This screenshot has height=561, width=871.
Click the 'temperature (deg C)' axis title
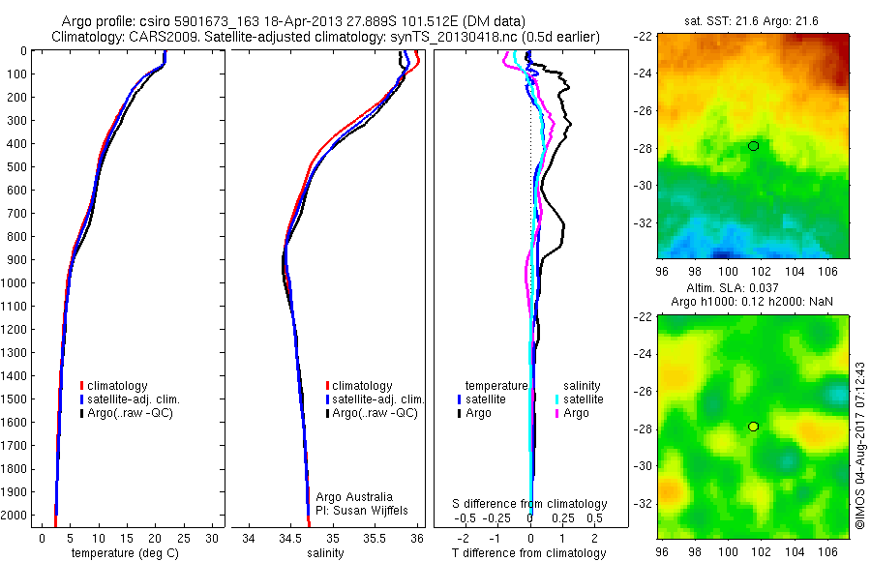[122, 553]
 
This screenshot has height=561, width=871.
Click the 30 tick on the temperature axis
[211, 538]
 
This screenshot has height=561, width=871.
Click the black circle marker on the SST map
[753, 146]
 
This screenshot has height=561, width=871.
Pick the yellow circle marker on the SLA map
[753, 427]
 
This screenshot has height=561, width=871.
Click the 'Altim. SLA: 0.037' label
[752, 289]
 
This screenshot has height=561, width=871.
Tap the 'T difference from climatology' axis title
[530, 553]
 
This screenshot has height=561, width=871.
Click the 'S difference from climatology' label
[530, 504]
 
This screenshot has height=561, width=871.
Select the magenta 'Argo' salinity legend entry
[577, 413]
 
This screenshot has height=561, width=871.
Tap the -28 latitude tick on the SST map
[644, 148]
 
